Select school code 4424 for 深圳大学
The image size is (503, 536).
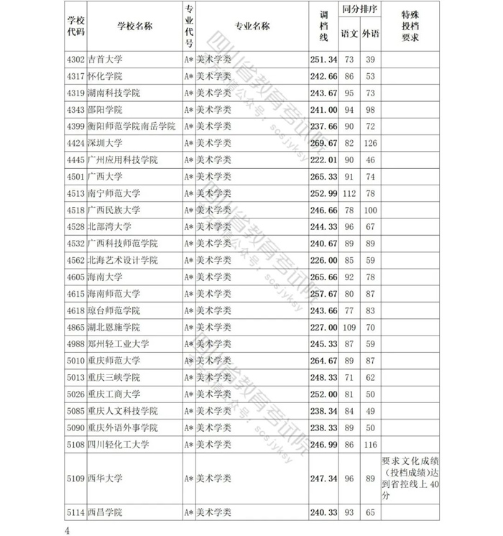click(x=75, y=143)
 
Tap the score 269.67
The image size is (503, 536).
click(x=323, y=143)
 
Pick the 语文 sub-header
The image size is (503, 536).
click(x=349, y=34)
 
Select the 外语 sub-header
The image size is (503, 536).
click(x=371, y=34)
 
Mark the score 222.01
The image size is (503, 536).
click(x=323, y=160)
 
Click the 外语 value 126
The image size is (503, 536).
click(x=371, y=143)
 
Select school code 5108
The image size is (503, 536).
click(x=75, y=445)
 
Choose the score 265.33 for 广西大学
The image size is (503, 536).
click(x=323, y=176)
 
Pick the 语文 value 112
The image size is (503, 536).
click(x=349, y=193)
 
